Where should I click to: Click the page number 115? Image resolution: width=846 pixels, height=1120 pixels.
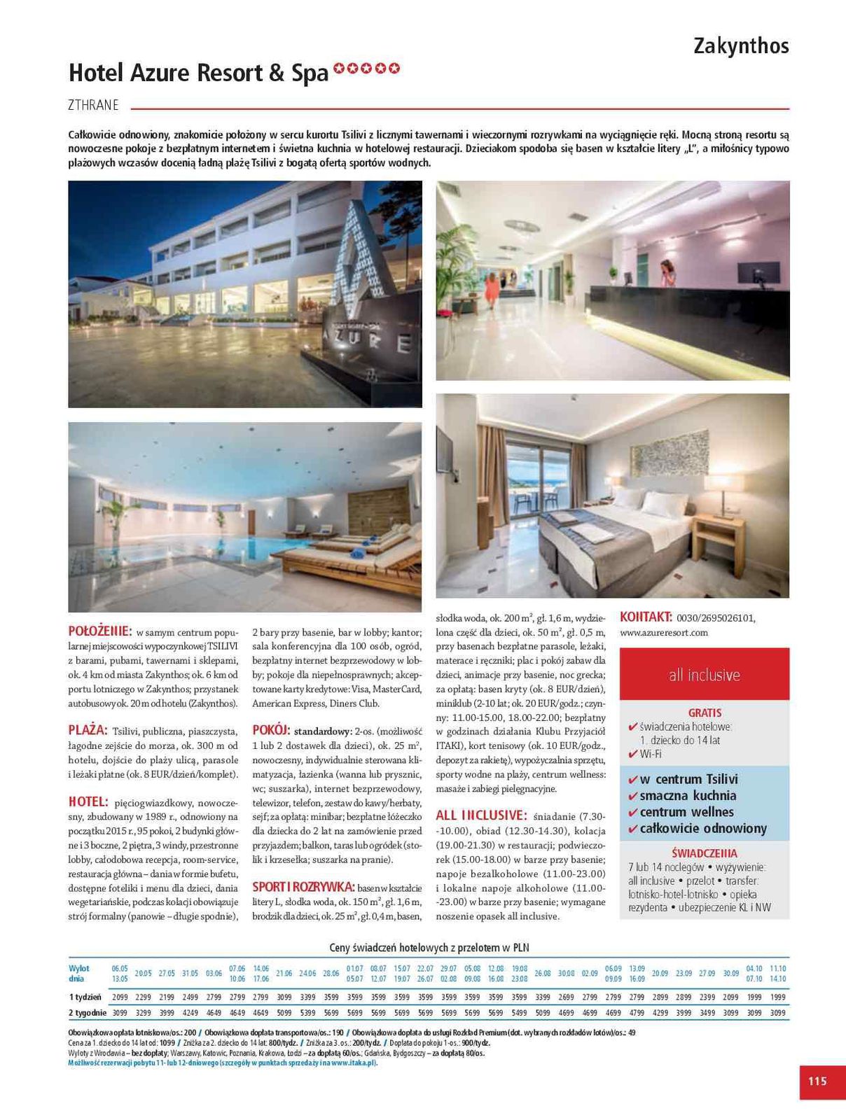click(817, 1081)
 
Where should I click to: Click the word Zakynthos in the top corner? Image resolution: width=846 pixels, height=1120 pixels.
click(741, 46)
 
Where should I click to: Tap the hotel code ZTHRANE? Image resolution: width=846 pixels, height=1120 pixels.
click(94, 106)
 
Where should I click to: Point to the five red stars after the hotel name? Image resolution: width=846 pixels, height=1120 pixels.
click(366, 69)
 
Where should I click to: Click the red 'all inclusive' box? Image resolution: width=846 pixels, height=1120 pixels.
click(704, 675)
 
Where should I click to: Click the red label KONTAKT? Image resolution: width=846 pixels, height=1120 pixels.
click(646, 617)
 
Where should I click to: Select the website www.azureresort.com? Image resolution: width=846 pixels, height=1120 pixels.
click(664, 633)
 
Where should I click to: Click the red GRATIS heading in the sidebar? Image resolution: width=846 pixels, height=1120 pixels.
click(705, 713)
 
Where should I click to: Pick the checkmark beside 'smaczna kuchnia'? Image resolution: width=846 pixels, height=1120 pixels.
click(632, 796)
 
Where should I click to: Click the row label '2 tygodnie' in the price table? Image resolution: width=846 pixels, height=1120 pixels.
click(88, 1012)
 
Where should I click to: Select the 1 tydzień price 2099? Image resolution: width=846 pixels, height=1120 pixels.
click(120, 997)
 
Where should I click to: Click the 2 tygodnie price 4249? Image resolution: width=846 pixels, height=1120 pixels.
click(190, 1012)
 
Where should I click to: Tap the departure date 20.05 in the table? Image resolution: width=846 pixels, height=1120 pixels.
click(143, 973)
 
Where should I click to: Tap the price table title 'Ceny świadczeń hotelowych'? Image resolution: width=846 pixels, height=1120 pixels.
click(429, 948)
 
